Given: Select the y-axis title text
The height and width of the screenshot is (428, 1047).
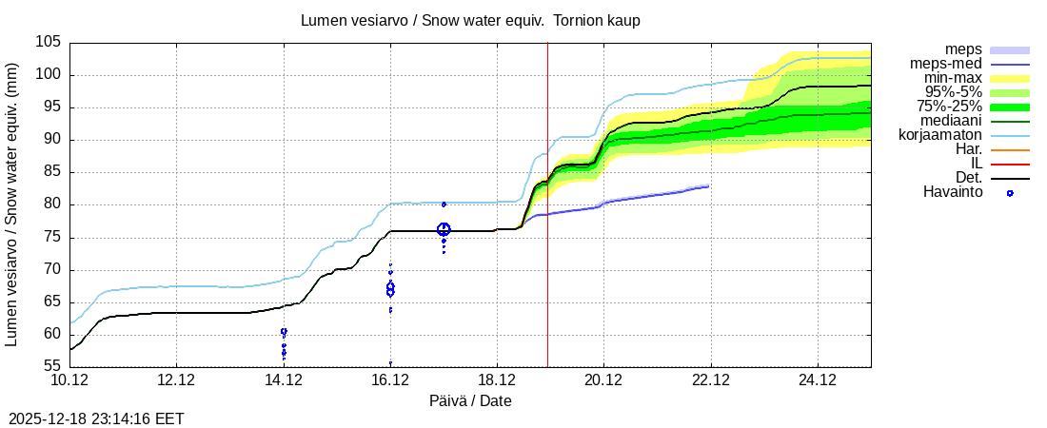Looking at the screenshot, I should pos(12,204).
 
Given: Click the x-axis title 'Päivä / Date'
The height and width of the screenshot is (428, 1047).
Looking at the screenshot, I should pos(470,400).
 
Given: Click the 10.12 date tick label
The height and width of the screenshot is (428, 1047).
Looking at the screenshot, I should pos(69,380).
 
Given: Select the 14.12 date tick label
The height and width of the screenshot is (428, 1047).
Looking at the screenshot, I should pos(283,380).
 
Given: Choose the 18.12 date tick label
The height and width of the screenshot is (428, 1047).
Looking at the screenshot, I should pos(497,380).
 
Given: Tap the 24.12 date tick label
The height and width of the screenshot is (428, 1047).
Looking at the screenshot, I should pos(817,380).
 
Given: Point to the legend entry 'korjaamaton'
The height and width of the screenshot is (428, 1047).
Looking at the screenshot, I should pos(940,135).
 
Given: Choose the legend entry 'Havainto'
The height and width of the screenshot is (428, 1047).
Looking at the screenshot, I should pos(953,192).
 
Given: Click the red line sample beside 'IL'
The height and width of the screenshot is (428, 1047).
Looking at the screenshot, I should pos(1010,164).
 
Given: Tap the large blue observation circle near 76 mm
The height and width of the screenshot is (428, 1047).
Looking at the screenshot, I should pos(444,229).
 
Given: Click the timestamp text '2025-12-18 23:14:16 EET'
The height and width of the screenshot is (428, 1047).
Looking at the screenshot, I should pos(96,418).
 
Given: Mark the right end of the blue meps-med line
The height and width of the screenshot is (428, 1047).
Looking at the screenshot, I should pos(708,186).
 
